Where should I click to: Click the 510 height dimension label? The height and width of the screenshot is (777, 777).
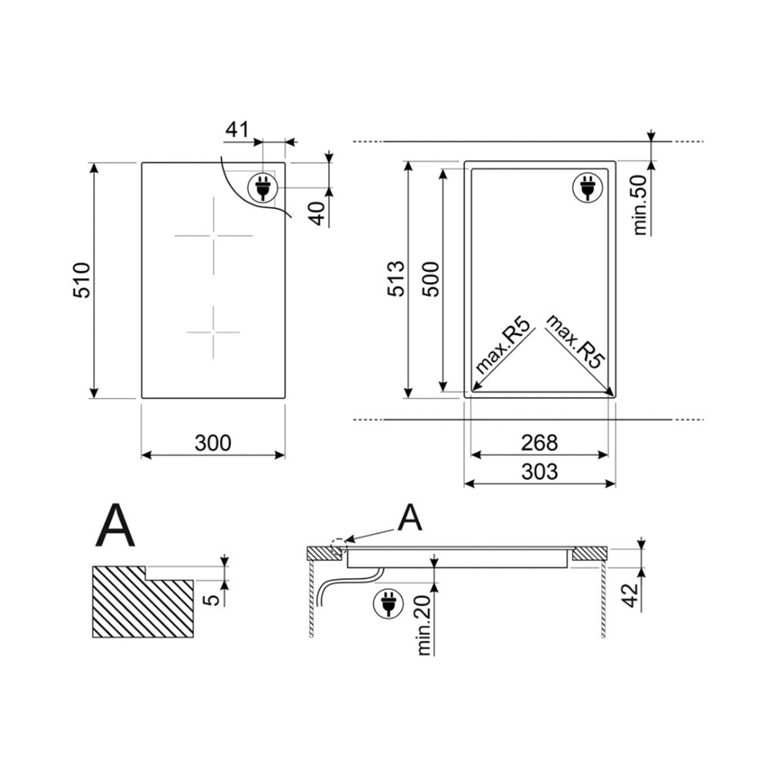click(82, 280)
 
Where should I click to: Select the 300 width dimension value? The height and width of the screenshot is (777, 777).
click(213, 443)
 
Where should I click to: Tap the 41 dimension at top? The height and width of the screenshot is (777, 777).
click(237, 130)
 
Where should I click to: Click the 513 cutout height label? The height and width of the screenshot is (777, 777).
click(396, 279)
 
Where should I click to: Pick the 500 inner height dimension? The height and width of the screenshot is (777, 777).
click(430, 279)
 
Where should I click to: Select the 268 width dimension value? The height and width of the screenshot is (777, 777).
click(539, 443)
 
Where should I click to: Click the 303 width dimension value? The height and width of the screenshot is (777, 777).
click(539, 472)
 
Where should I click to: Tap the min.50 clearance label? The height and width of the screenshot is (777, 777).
click(641, 205)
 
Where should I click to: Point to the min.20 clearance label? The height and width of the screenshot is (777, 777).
click(424, 625)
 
